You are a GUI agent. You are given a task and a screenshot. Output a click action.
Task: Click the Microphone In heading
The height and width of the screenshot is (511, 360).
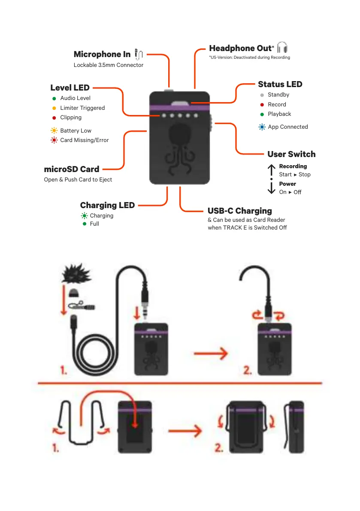click(102, 54)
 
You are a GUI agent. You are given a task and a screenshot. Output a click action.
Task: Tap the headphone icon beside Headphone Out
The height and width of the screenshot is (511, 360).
click(282, 48)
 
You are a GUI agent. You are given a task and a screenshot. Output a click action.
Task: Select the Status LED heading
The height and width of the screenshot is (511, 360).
click(280, 85)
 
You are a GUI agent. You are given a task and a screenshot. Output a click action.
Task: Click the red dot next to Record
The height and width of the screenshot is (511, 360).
click(262, 105)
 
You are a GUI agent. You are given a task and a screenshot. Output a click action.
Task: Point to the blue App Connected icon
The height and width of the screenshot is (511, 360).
click(262, 127)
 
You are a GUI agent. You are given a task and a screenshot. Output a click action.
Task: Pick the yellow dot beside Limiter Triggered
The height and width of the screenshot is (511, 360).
click(54, 108)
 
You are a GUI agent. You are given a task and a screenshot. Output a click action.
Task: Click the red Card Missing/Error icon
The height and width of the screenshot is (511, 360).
click(54, 140)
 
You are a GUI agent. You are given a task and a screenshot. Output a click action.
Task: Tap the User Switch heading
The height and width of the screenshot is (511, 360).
click(291, 154)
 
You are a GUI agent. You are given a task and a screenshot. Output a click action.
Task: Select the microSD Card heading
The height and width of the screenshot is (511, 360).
click(71, 169)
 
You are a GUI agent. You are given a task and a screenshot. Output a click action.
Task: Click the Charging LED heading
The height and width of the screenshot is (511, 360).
click(107, 206)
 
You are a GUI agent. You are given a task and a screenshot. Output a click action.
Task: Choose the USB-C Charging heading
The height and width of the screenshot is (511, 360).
click(239, 211)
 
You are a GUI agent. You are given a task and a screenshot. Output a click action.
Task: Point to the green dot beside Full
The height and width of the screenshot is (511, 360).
click(85, 224)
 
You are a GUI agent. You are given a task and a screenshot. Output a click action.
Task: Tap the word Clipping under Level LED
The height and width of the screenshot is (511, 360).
click(71, 118)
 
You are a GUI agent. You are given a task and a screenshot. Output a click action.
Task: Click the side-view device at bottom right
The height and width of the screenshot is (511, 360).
click(296, 426)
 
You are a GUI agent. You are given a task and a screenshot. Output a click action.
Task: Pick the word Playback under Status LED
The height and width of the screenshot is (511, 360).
click(279, 114)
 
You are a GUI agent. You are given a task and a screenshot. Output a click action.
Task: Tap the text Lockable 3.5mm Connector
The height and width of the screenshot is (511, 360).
click(109, 65)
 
